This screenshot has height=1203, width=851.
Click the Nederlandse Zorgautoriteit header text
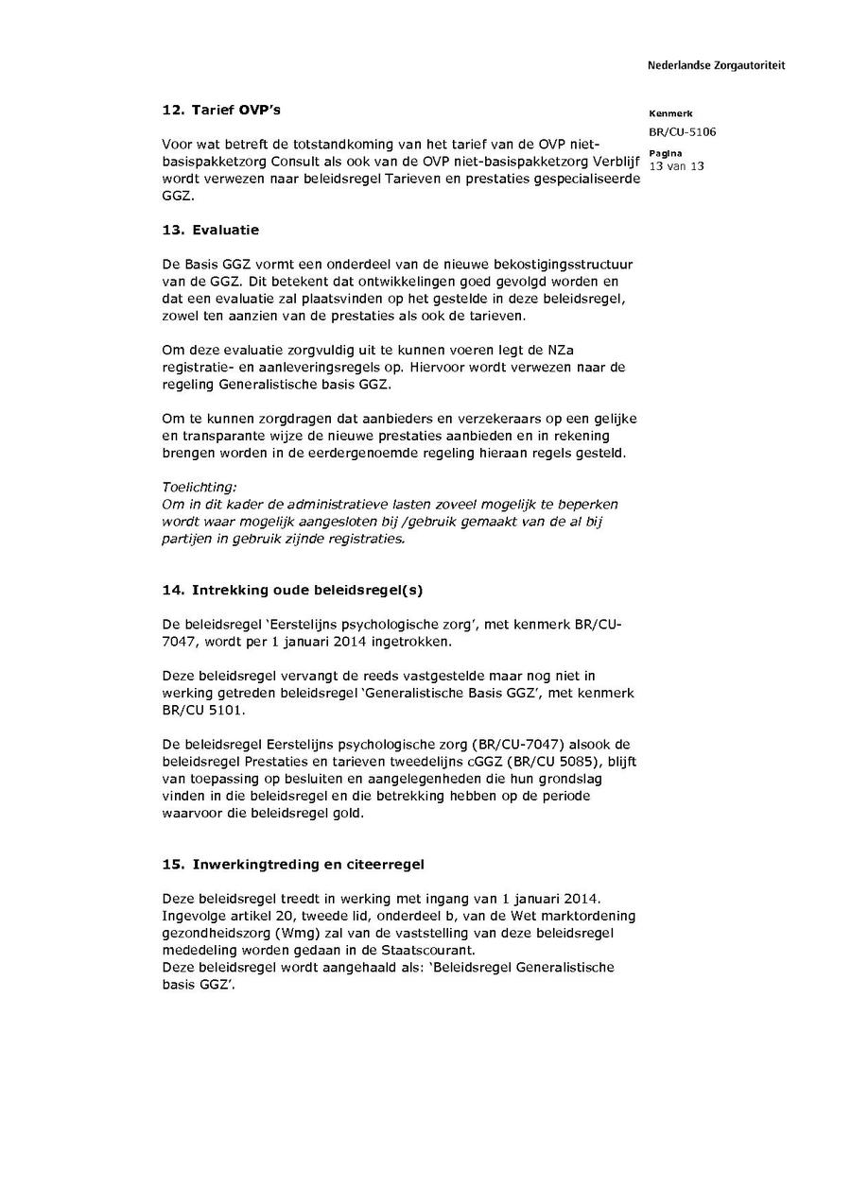pos(716,66)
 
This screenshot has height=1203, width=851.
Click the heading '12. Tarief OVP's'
pos(221,111)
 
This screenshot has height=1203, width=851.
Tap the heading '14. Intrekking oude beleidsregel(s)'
pos(292,590)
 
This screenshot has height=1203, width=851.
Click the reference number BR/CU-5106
pos(682,131)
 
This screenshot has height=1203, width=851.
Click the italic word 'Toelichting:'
pos(200,488)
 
